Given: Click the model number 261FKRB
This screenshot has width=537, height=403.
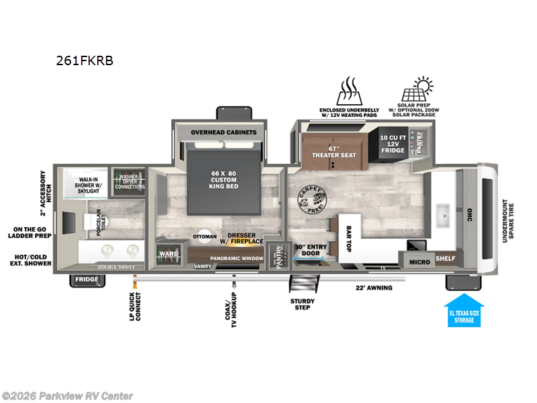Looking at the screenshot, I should click(85, 60).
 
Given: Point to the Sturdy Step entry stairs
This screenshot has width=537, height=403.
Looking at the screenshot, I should click(301, 283).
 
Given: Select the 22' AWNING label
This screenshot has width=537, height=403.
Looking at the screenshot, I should click(375, 288).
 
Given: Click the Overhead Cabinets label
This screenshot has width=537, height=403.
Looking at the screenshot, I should click(224, 132).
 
